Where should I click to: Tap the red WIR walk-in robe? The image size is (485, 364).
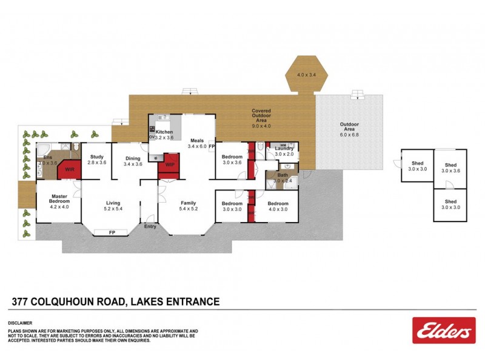click(x=69, y=169)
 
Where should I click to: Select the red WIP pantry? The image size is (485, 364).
click(x=170, y=164)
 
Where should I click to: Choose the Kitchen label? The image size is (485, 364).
click(x=164, y=132)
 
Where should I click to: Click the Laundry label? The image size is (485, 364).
click(x=284, y=149)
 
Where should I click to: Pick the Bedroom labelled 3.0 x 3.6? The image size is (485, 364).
click(x=232, y=160)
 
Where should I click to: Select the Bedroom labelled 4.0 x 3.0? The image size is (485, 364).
click(x=278, y=206)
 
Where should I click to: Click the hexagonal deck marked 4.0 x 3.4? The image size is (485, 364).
click(x=307, y=75)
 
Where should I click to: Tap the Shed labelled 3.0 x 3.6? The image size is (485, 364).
click(x=450, y=167)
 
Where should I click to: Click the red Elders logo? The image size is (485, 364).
click(x=443, y=331)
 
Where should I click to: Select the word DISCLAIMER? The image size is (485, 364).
click(x=20, y=323)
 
